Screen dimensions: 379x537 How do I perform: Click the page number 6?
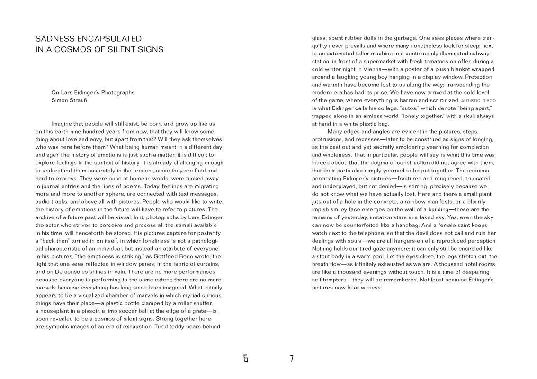(245, 359)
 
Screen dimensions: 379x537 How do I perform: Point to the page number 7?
(292, 359)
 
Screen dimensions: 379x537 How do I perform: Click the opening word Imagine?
(63, 124)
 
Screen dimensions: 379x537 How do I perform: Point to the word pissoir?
(99, 311)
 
